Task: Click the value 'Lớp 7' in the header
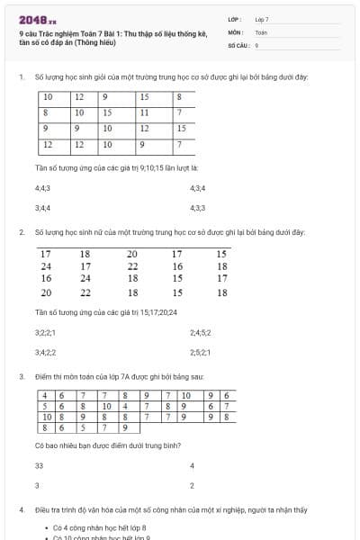click(262, 19)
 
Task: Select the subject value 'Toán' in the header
click(261, 31)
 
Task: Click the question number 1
click(20, 77)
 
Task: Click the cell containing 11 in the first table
click(144, 112)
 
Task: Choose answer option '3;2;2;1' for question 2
click(45, 332)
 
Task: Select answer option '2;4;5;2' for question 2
click(200, 332)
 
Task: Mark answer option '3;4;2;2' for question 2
click(45, 352)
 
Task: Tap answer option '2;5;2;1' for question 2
click(200, 352)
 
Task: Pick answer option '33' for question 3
click(39, 466)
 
